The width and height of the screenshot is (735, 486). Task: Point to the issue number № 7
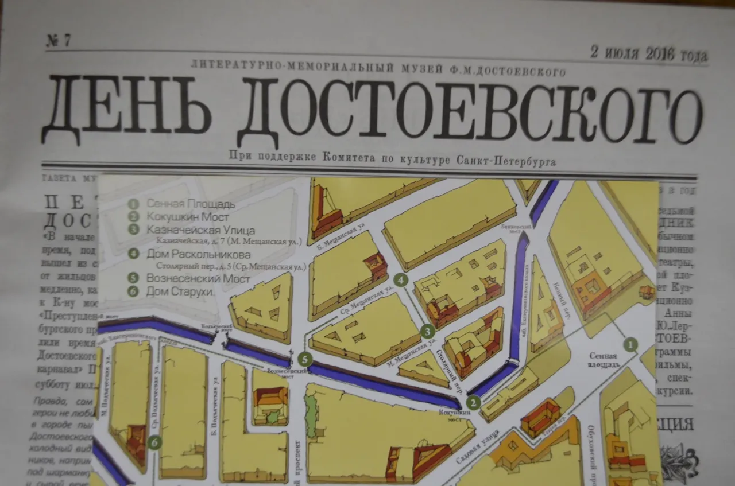(59, 41)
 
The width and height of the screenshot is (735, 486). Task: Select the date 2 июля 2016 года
(649, 55)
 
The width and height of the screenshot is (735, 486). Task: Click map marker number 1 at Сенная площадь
(631, 344)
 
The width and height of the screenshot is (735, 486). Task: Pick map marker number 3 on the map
(427, 331)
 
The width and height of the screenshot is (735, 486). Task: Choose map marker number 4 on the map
(401, 280)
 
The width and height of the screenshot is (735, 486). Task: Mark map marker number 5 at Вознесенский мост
(305, 360)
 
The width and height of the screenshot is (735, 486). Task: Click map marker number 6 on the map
(154, 442)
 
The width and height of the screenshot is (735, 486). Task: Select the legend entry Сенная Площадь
(190, 204)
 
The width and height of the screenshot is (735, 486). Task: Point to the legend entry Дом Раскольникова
(198, 254)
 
